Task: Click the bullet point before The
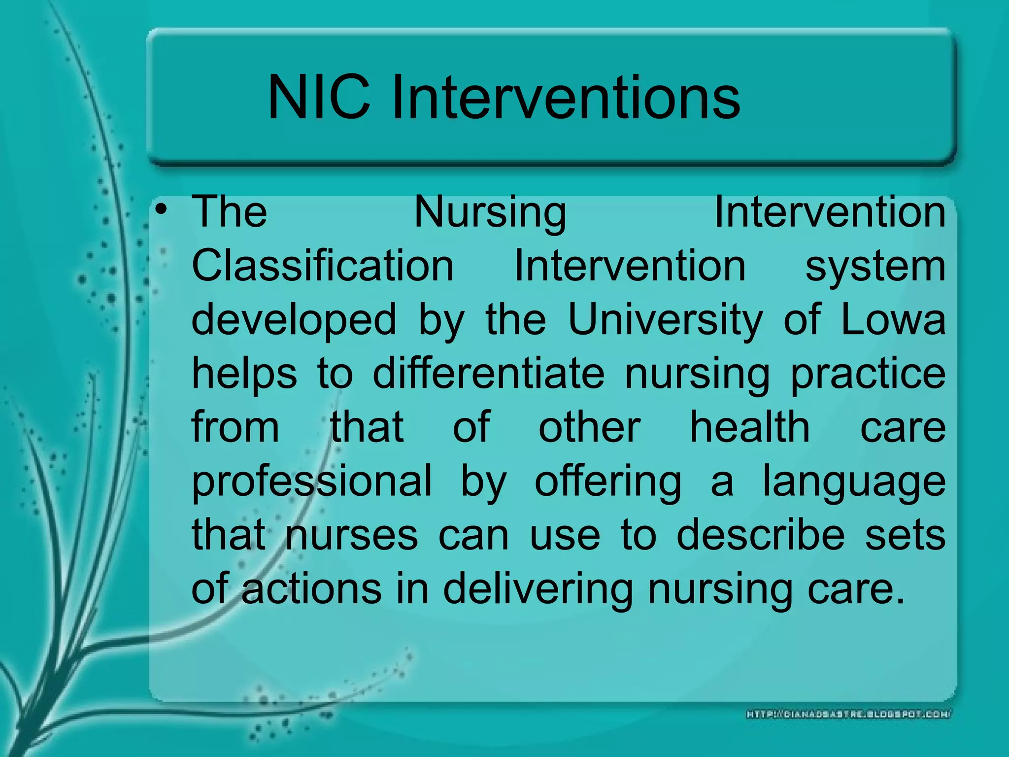(161, 211)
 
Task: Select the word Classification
(323, 266)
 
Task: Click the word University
(665, 320)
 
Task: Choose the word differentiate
(488, 373)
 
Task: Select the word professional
(312, 482)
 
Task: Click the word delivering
(538, 590)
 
